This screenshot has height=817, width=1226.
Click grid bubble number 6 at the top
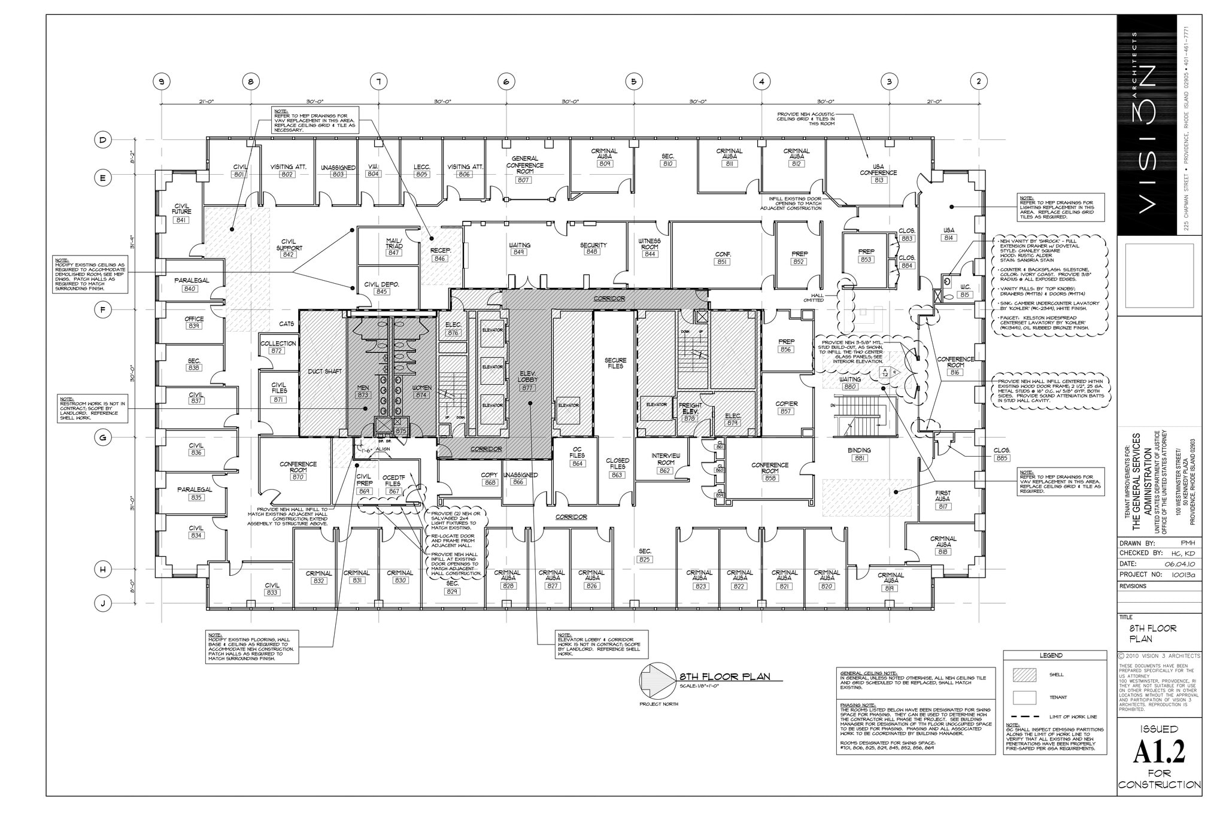pos(506,81)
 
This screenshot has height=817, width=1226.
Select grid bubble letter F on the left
pos(103,309)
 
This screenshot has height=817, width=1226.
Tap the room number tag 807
pos(524,180)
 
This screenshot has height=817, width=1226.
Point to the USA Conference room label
pos(879,170)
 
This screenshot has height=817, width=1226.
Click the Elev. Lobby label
pos(527,376)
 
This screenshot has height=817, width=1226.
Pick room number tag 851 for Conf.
pos(722,262)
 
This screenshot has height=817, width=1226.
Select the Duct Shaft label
pos(324,371)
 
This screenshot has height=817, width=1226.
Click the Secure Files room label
pos(615,363)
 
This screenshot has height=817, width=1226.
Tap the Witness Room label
pos(650,244)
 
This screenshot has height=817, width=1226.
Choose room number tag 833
pos(272,593)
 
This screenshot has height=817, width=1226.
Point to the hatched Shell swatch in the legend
pos(1024,675)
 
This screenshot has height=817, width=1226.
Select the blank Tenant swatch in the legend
pos(1024,697)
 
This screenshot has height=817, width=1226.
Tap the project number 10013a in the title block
pos(1179,575)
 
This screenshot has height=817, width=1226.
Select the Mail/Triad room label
pos(394,244)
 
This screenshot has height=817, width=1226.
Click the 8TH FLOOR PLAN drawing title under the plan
pos(724,677)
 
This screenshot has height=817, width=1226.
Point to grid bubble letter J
pos(103,604)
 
